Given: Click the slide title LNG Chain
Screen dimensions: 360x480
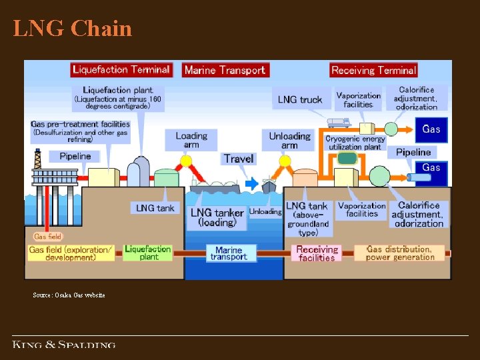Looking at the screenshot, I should pyautogui.click(x=72, y=28).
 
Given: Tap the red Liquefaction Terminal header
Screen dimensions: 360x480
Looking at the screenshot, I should pyautogui.click(x=121, y=69).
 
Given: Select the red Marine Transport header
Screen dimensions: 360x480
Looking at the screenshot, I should pyautogui.click(x=225, y=70).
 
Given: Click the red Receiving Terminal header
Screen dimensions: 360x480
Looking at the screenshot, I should pyautogui.click(x=373, y=70).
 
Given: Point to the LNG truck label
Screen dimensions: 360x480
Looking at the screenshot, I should pyautogui.click(x=300, y=100).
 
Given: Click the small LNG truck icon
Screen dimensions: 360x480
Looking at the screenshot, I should pyautogui.click(x=338, y=123).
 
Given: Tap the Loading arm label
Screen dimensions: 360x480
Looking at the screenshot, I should pyautogui.click(x=191, y=140).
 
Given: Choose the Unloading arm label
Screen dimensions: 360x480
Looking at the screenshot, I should pyautogui.click(x=289, y=140).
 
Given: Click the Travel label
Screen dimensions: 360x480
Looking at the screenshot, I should pyautogui.click(x=239, y=159).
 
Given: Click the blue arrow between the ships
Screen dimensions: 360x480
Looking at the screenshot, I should pyautogui.click(x=251, y=183).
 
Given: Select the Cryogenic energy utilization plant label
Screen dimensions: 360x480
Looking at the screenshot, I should pyautogui.click(x=354, y=143).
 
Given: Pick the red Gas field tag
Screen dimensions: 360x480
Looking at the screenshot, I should pyautogui.click(x=48, y=236).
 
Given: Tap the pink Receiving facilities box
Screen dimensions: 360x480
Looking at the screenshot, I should pyautogui.click(x=317, y=253).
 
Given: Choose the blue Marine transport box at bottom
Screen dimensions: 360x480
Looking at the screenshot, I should pyautogui.click(x=229, y=253).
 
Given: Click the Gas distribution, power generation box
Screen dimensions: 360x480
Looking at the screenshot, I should pyautogui.click(x=399, y=253).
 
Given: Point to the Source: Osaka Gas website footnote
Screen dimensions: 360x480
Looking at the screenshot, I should pyautogui.click(x=69, y=295).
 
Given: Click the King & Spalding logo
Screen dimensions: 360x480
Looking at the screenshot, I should pyautogui.click(x=64, y=345).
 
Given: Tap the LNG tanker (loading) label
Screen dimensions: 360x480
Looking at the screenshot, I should pyautogui.click(x=217, y=217).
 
